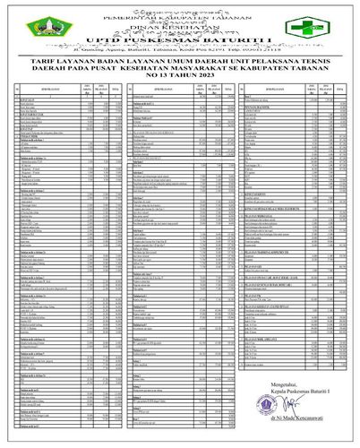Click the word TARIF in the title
pyautogui.click(x=75, y=63)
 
